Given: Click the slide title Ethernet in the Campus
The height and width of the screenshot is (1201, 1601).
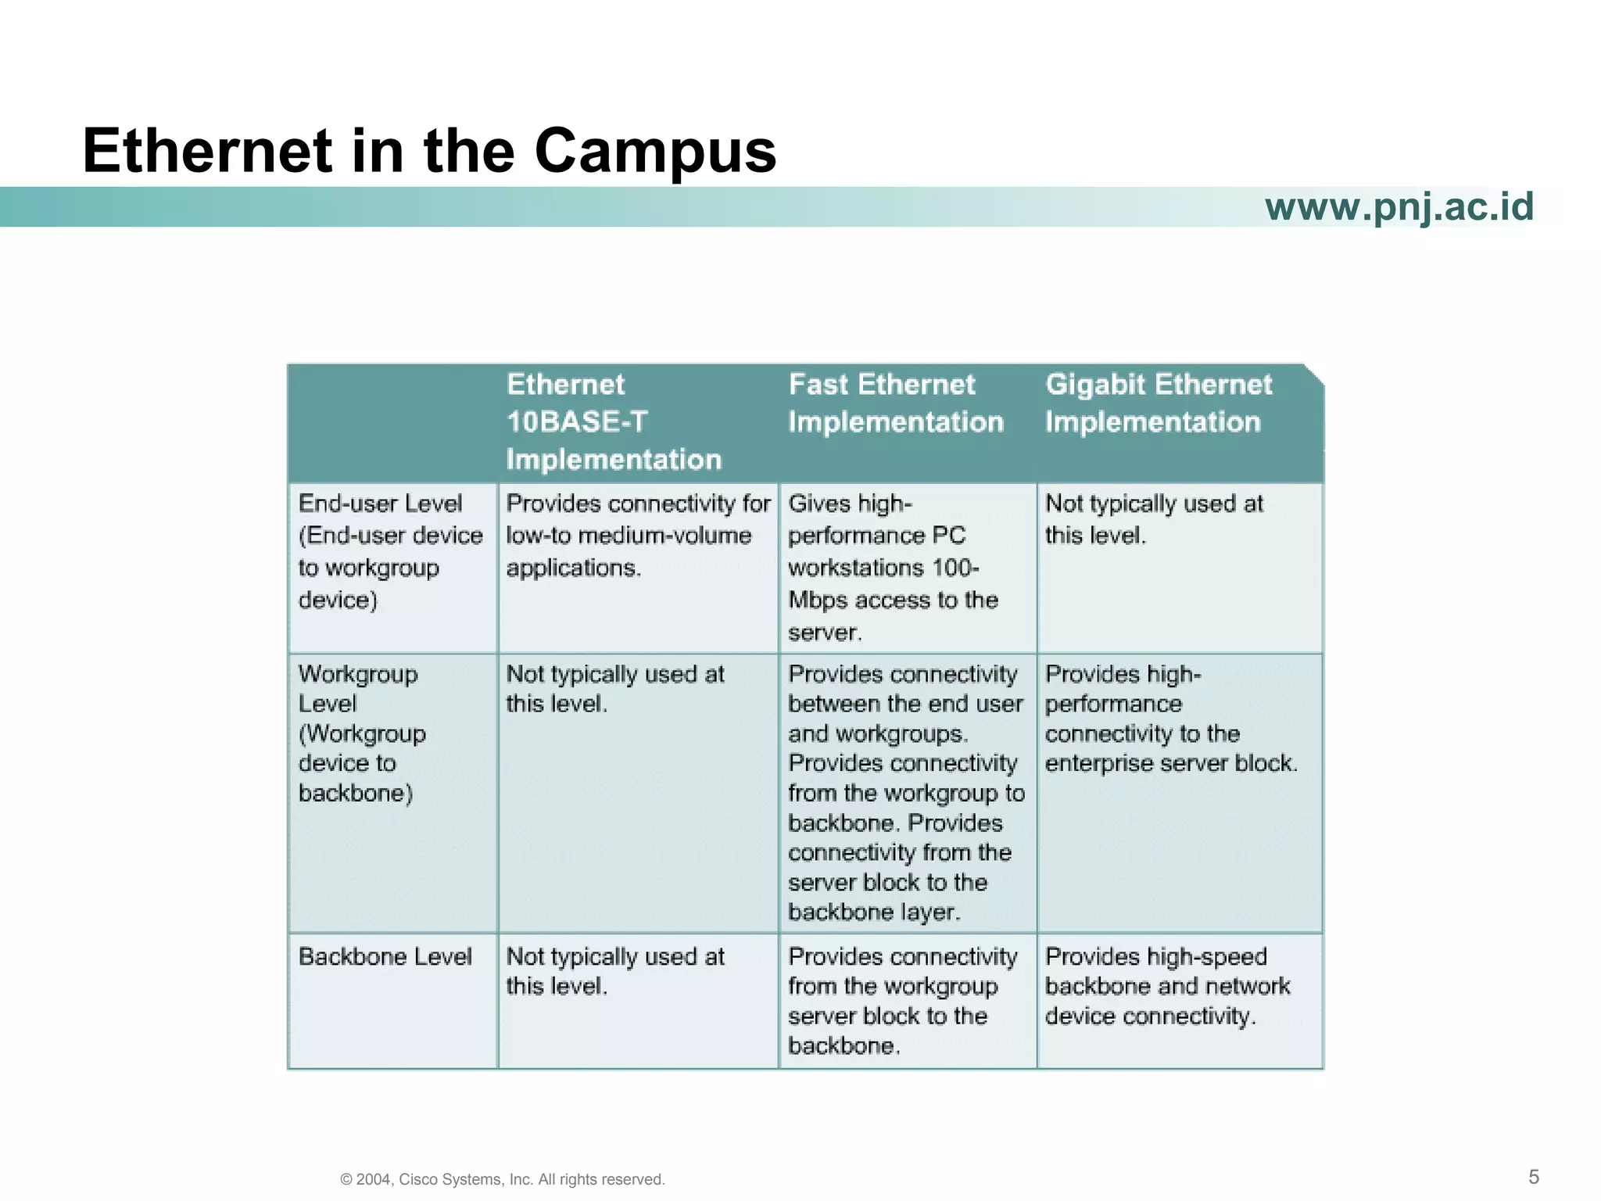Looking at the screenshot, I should pos(429,150).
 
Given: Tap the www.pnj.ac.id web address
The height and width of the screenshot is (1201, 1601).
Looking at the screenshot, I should pos(1399,206).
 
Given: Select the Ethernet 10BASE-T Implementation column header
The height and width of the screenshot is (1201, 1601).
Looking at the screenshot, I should pos(614,421).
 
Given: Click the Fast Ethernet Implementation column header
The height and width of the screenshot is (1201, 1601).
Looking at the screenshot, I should pos(895,403).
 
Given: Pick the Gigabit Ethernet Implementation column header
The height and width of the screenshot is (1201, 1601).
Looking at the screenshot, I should pos(1159,403).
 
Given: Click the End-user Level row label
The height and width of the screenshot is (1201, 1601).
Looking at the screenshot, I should pos(390,551).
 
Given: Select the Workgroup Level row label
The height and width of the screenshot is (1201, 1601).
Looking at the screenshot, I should pos(362,733).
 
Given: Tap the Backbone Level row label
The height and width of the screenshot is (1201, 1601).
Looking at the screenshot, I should pos(385,957).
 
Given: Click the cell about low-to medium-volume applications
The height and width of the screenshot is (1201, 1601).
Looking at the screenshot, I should pos(637,536).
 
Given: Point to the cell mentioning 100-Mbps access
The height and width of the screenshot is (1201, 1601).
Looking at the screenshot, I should pos(893,568).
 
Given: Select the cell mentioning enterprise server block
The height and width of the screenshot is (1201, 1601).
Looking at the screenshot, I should pos(1170,719).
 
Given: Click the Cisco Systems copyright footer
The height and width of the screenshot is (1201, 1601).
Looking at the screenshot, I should pos(503,1179).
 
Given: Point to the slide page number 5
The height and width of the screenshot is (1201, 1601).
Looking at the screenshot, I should pos(1533,1177).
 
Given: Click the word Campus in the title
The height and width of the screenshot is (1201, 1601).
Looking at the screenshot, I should pos(655,150).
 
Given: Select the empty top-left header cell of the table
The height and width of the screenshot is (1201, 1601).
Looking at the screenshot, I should pos(393,422).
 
